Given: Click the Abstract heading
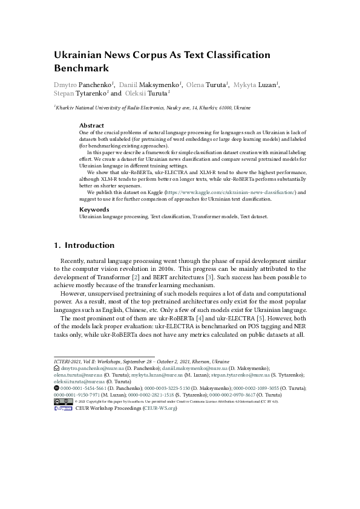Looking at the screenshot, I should [92, 126].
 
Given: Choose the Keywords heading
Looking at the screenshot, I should [94, 209].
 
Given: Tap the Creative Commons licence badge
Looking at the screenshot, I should [63, 401].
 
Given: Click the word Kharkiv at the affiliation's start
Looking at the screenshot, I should [65, 108].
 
